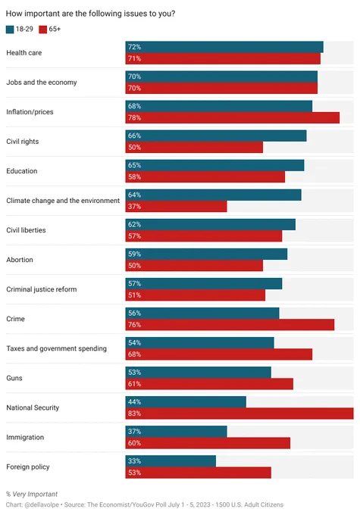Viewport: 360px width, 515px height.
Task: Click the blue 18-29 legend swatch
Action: (x=10, y=30)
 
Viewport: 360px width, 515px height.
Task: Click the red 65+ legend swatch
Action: (x=42, y=30)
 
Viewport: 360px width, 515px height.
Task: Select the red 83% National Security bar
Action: (x=239, y=414)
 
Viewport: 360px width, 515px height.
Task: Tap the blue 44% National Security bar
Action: (x=186, y=402)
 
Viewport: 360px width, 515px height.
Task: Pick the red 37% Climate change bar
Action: (x=177, y=207)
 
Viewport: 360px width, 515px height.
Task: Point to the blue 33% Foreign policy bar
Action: (x=171, y=461)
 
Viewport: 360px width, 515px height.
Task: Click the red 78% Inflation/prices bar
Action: (x=233, y=118)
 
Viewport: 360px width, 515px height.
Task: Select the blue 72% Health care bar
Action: (x=224, y=47)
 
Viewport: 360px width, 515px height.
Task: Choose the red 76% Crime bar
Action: (x=230, y=325)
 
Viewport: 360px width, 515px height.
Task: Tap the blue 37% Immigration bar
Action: (x=177, y=432)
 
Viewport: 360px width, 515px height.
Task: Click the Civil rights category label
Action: (x=22, y=142)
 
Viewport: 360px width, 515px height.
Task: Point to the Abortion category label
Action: (x=20, y=260)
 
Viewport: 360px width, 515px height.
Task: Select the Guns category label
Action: (x=14, y=378)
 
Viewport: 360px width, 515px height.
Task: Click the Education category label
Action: (x=22, y=171)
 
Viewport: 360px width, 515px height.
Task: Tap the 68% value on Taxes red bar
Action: (x=134, y=354)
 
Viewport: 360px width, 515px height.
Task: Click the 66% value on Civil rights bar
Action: (x=134, y=136)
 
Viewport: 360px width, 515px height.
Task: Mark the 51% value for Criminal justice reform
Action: (x=134, y=295)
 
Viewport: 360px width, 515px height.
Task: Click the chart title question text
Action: (x=90, y=14)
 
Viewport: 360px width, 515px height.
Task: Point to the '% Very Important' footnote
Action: (x=32, y=495)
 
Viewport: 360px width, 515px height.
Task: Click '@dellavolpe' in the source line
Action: (x=42, y=505)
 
